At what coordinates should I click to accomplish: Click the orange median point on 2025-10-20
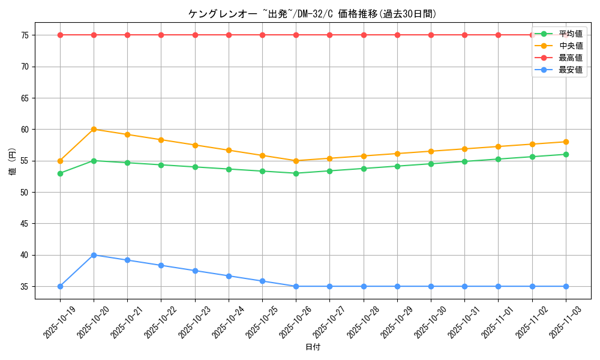[94, 130]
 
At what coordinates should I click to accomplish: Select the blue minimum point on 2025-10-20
[94, 255]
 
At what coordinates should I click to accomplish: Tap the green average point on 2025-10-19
[60, 173]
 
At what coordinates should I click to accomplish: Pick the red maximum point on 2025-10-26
[296, 35]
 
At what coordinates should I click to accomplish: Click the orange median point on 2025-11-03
[566, 142]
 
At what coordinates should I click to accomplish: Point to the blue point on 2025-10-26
[296, 286]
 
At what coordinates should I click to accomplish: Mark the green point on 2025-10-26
[296, 173]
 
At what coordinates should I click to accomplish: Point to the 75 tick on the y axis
[25, 35]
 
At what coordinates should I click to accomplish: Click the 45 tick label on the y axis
[25, 224]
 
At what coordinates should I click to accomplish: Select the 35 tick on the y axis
[25, 286]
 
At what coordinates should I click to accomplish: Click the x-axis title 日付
[313, 347]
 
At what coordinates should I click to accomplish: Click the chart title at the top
[313, 14]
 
